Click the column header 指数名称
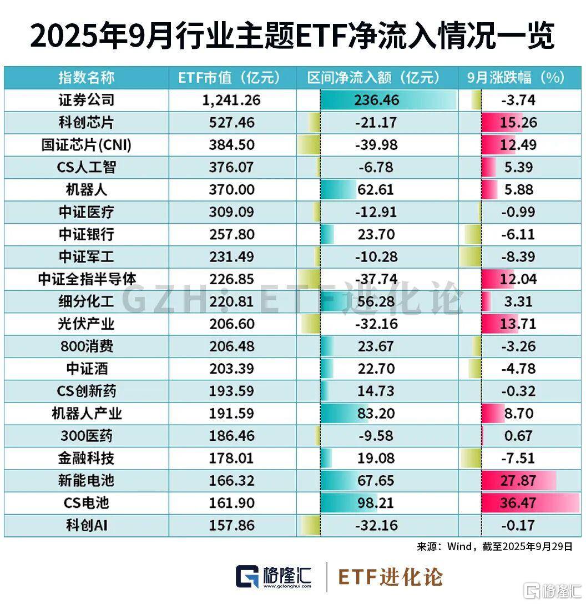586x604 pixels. click(87, 78)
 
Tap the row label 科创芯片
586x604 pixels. click(87, 122)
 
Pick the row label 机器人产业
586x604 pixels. click(87, 414)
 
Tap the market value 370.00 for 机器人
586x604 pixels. click(231, 189)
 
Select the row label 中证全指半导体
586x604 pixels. click(87, 279)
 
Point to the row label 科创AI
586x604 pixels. click(87, 525)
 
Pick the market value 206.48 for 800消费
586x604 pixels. click(231, 346)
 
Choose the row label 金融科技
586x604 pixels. click(87, 458)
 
